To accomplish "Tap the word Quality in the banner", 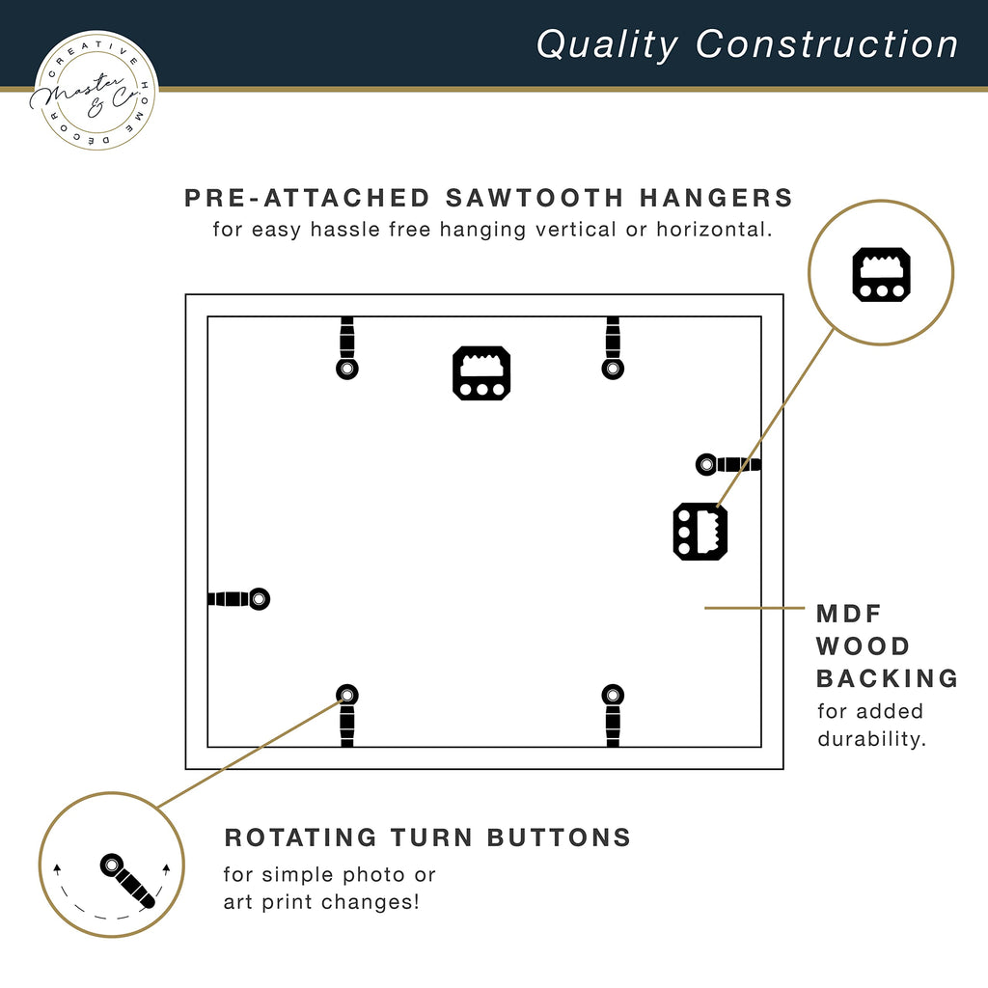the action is point(607,45).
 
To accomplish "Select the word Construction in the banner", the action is point(826,44).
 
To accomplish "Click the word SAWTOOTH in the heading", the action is point(535,198).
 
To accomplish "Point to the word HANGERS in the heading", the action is point(717,198).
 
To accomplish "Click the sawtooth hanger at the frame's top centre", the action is point(481,373).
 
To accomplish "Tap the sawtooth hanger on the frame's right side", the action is point(700,532).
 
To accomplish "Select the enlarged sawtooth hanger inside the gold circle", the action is point(882,274).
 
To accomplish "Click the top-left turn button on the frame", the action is point(347,347).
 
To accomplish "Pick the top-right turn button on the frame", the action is point(613,347).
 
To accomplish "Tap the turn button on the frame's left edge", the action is point(239,598).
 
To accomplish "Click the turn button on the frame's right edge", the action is point(728,464).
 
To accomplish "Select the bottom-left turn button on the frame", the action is point(347,715).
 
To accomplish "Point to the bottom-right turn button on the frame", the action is point(613,715).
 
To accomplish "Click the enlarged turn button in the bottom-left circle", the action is point(127,881).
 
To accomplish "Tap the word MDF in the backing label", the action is point(849,614).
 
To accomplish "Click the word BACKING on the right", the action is point(888,678).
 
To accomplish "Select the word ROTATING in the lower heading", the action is point(301,837).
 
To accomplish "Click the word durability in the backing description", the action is point(871,738).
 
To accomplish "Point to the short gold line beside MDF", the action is point(755,608).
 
